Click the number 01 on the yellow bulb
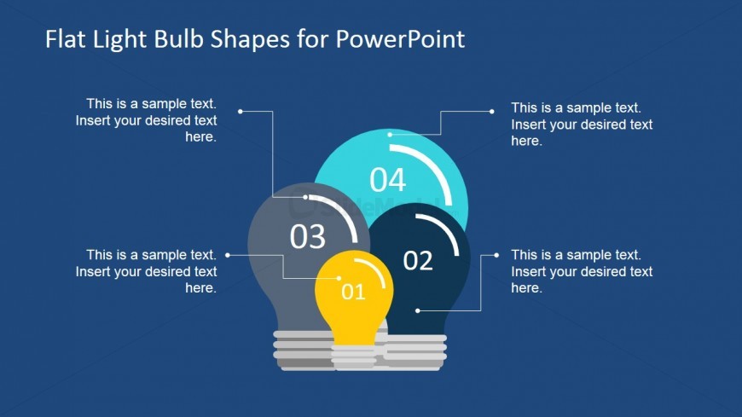(x=353, y=292)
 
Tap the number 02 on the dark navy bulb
(x=418, y=261)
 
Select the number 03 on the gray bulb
(x=308, y=236)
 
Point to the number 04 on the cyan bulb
(x=387, y=180)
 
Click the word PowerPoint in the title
(x=400, y=39)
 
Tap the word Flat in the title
(x=66, y=39)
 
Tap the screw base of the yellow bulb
(x=353, y=356)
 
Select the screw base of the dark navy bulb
(x=414, y=351)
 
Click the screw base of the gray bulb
(x=303, y=350)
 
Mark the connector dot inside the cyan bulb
(x=390, y=135)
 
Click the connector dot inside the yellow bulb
(x=339, y=278)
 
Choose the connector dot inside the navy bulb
(x=417, y=311)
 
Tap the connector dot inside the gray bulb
(x=305, y=197)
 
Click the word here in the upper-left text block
(x=200, y=137)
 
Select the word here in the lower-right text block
(x=527, y=288)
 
